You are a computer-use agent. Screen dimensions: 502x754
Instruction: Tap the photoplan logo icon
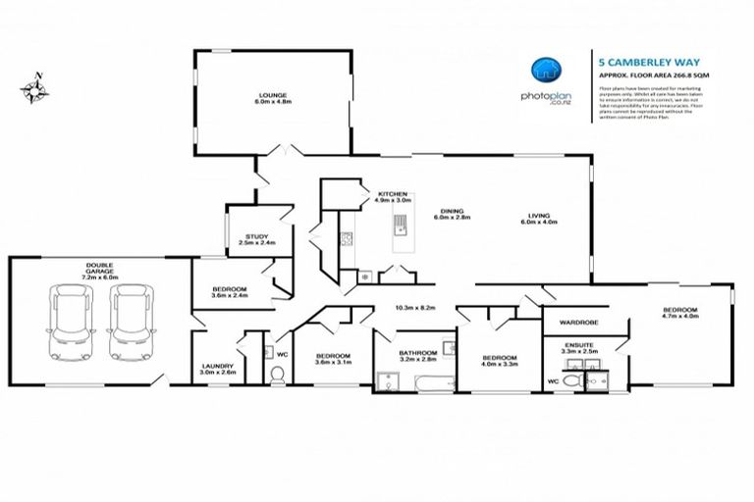pos(546,69)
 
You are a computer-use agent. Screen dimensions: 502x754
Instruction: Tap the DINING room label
pos(452,214)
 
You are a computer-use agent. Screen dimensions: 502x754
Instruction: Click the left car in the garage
pos(71,322)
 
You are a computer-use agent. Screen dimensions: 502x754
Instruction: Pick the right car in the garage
pos(131,322)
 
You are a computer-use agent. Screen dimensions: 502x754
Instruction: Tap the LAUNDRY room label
pos(217,369)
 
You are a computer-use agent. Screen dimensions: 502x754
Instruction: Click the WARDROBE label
pos(578,321)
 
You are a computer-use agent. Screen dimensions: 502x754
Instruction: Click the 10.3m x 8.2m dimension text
pos(415,307)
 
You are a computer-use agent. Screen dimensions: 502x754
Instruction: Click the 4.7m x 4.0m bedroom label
pos(679,313)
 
